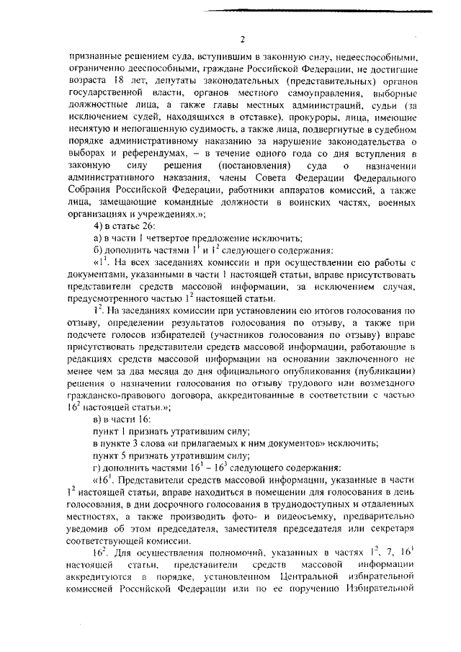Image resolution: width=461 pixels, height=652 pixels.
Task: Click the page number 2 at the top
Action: pyautogui.click(x=243, y=38)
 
